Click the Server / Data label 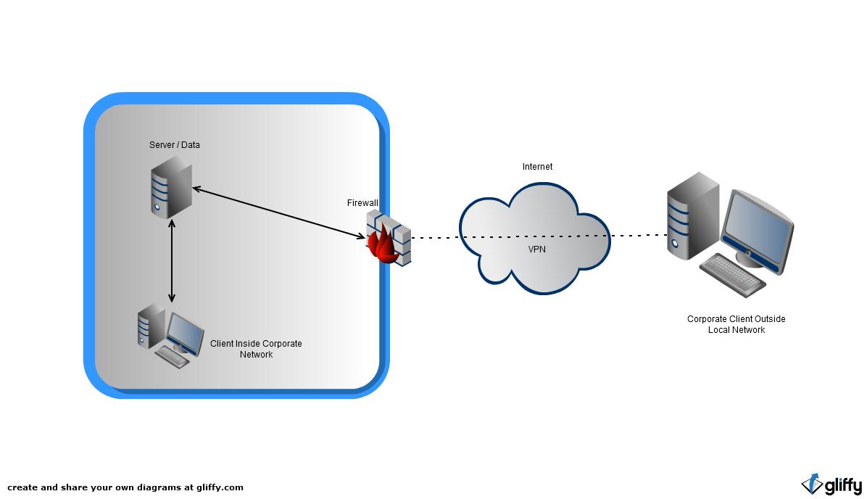(174, 145)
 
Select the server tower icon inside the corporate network (172, 189)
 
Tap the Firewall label (362, 203)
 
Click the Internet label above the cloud (537, 167)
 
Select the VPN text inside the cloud (537, 249)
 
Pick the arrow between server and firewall (279, 213)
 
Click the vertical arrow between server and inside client (172, 261)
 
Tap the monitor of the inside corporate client (185, 331)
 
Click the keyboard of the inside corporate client (173, 356)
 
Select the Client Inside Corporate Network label (256, 349)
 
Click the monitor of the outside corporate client (758, 227)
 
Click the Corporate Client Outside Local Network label (736, 324)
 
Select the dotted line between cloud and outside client (638, 235)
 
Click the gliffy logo (831, 484)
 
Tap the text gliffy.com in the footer (220, 487)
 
